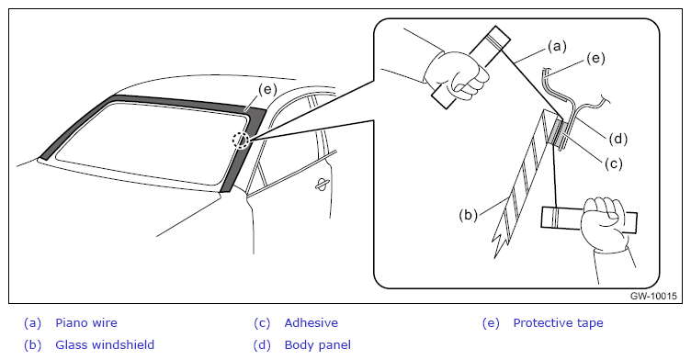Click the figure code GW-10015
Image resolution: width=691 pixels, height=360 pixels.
653,296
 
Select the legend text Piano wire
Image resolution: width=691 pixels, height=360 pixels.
86,323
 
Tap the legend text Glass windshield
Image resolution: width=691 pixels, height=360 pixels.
105,344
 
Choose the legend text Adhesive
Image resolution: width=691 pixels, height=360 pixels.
312,323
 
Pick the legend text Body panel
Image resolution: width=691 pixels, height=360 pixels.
318,344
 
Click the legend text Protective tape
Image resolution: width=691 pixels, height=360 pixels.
558,323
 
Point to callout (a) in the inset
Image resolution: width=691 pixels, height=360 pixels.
557,46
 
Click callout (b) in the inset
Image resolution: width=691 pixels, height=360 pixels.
468,216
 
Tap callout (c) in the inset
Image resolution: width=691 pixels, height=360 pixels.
613,163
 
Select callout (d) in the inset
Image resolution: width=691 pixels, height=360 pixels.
617,139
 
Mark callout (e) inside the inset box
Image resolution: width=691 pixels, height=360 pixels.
595,58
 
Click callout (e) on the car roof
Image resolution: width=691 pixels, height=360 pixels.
267,90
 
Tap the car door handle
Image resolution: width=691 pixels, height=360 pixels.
322,186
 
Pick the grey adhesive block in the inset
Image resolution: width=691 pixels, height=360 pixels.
558,133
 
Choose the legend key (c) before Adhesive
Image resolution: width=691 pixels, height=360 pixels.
262,323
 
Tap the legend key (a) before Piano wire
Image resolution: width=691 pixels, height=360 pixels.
32,323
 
